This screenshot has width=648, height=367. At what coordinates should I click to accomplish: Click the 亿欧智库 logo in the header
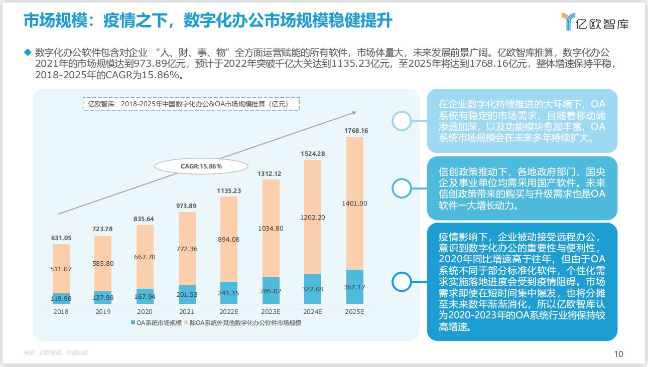[x=595, y=22]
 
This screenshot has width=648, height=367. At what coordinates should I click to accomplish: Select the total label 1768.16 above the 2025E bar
[x=356, y=131]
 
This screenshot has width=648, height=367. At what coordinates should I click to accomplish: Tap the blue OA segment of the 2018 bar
[x=61, y=298]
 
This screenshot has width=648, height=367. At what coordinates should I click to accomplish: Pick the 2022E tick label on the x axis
[x=228, y=311]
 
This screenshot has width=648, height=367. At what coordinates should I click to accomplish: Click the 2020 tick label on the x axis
[x=145, y=311]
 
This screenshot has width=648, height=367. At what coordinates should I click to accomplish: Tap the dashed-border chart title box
[x=191, y=104]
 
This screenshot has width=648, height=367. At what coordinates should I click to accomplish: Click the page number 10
[x=618, y=354]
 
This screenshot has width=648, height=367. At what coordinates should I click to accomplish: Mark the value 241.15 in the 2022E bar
[x=228, y=293]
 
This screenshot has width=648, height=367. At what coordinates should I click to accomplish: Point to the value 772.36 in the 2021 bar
[x=187, y=249]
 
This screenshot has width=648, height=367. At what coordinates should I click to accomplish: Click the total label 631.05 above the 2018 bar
[x=61, y=238]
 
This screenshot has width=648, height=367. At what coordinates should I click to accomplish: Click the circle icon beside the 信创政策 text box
[x=402, y=188]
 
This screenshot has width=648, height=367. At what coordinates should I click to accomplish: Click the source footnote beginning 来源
[x=55, y=352]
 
